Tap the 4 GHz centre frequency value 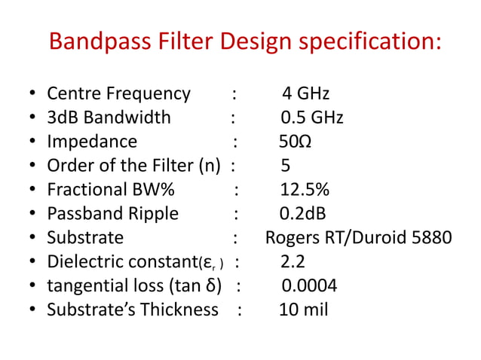pos(305,94)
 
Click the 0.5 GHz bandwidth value pos(311,118)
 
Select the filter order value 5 pos(285,166)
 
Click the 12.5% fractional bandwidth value pos(304,190)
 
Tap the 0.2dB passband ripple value pos(302,214)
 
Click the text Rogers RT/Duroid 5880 pos(358,238)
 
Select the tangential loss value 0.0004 pos(309,286)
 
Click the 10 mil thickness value pos(303,310)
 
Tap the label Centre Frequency pos(118,94)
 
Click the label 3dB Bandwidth pos(109,118)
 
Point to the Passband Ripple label pos(112,214)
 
